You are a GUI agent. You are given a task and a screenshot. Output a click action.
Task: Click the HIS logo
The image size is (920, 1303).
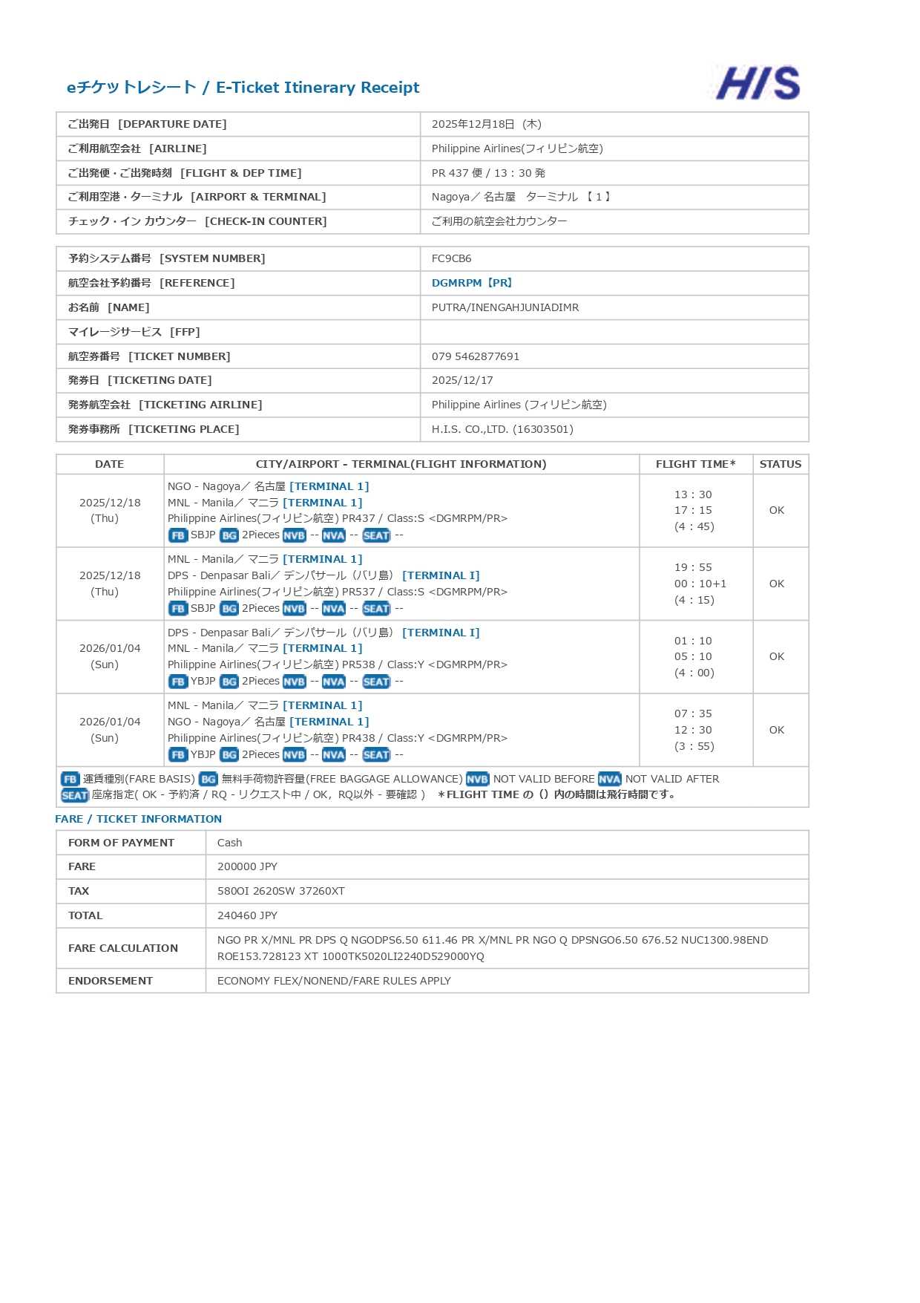[758, 83]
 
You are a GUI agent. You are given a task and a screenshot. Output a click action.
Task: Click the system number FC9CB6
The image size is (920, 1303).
[451, 258]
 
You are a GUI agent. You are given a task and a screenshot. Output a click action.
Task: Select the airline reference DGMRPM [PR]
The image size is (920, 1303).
[472, 283]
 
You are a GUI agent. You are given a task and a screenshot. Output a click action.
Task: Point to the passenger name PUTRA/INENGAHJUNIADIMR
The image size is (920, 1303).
[505, 307]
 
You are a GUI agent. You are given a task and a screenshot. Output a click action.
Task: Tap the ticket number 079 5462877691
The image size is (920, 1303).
[475, 356]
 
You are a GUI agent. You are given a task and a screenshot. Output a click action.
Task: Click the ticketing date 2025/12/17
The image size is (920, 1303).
[461, 380]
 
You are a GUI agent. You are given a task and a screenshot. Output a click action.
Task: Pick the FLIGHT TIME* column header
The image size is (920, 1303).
[695, 464]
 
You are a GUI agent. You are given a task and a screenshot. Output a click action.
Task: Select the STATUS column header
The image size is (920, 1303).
[780, 464]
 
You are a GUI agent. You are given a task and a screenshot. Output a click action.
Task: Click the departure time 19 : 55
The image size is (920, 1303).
[692, 567]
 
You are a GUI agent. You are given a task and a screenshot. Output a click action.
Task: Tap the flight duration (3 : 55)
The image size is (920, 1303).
[694, 746]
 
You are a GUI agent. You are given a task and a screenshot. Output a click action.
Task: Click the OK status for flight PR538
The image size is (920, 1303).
[776, 656]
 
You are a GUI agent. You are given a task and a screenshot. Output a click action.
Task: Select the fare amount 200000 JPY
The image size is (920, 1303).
[247, 866]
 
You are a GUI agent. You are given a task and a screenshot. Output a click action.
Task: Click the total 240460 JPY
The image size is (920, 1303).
[247, 915]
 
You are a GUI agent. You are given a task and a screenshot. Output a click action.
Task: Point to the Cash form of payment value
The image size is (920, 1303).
[229, 843]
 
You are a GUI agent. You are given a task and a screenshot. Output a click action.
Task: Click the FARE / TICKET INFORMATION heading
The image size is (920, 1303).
[138, 819]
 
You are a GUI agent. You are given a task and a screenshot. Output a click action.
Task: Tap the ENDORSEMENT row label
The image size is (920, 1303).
[110, 981]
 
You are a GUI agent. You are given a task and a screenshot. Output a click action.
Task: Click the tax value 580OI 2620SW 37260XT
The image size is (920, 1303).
[280, 891]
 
